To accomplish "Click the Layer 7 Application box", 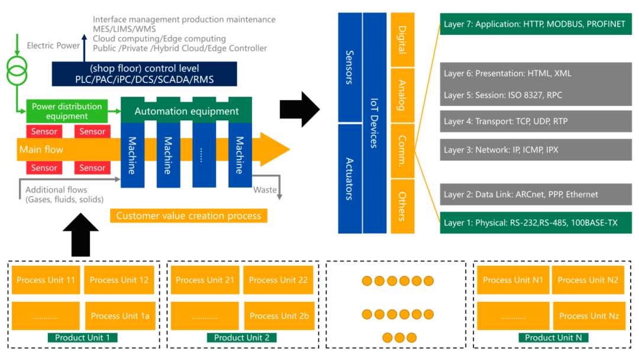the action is [x=535, y=24].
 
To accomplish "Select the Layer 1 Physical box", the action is [x=535, y=223].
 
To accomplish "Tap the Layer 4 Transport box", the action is [x=535, y=121].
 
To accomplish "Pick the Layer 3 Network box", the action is [x=535, y=150].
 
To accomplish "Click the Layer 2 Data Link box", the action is [x=535, y=194].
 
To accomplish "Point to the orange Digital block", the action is [x=403, y=40].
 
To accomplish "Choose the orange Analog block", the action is [x=403, y=95].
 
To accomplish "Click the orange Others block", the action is [x=403, y=206].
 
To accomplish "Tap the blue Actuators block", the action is [x=350, y=179].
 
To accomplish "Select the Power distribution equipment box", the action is [x=67, y=111].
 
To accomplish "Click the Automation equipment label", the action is [x=186, y=111].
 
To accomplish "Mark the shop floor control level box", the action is [x=144, y=74].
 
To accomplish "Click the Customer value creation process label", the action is [x=189, y=216].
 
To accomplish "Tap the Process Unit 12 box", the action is [x=119, y=280].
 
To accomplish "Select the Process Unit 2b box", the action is [x=279, y=316].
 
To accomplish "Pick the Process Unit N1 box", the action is [x=513, y=280].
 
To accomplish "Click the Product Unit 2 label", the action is [x=241, y=337].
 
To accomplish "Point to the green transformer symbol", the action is [x=17, y=70].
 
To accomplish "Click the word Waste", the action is [x=265, y=189].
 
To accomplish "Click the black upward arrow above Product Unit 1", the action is [x=80, y=235].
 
